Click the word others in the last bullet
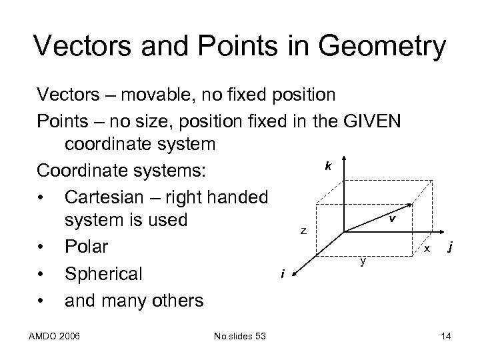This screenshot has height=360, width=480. (170, 300)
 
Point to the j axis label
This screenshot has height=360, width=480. (452, 247)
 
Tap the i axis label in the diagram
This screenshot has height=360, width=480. (283, 273)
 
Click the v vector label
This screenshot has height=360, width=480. (393, 218)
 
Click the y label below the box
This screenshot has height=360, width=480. (363, 261)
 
